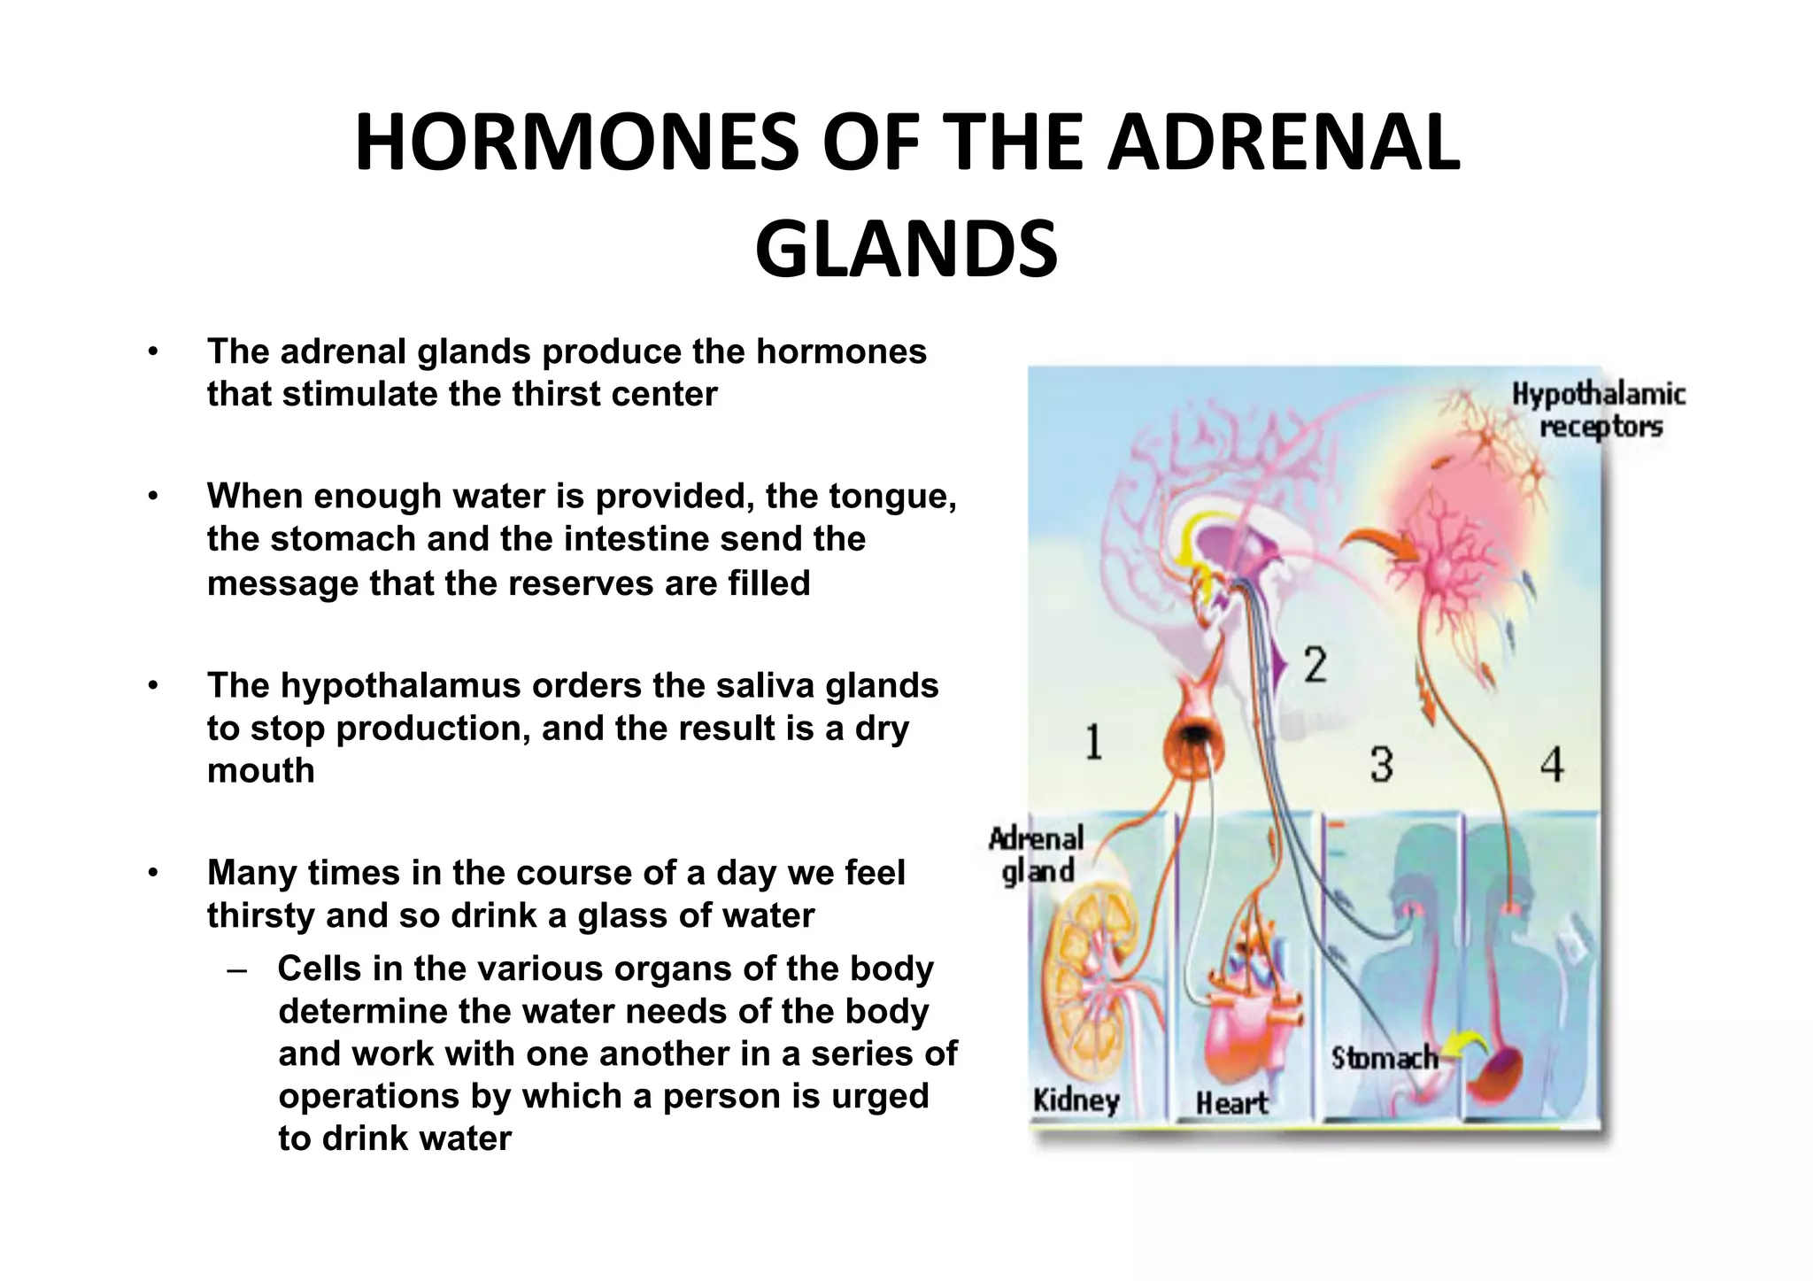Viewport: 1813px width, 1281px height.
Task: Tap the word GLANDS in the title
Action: pos(906,249)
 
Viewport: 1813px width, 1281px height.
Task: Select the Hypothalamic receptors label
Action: pos(1599,410)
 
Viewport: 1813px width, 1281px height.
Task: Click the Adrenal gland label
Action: pos(1037,854)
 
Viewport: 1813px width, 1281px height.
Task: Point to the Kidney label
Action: pos(1076,1100)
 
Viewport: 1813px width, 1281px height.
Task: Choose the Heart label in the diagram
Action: pos(1231,1103)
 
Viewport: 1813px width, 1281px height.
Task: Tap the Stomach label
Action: pos(1384,1058)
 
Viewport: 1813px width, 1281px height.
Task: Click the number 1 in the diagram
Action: pos(1094,742)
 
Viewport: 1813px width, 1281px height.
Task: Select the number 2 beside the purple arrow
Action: pos(1315,664)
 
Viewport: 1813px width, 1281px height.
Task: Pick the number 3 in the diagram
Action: pos(1382,764)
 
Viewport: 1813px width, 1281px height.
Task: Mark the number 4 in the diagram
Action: pos(1552,764)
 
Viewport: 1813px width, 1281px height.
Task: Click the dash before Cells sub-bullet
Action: pos(236,969)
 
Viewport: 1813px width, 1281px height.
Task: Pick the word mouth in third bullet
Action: pos(260,770)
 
